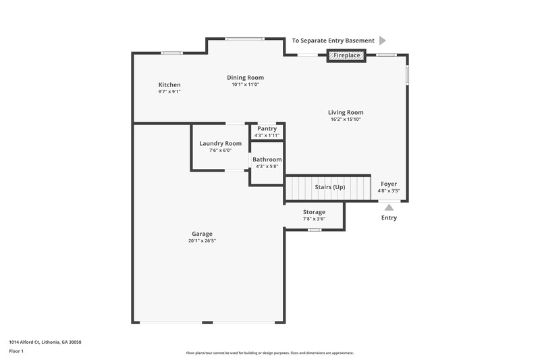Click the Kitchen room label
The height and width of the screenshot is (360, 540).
click(169, 84)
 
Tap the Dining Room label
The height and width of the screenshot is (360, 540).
click(245, 78)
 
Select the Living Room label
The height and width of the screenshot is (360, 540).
click(346, 113)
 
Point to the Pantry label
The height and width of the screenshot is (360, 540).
click(267, 128)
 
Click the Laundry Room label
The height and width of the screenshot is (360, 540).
click(220, 143)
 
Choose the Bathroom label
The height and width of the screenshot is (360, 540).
click(267, 159)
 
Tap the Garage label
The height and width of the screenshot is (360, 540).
click(202, 234)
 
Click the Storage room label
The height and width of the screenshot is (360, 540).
click(314, 212)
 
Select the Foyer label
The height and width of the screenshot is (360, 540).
click(389, 184)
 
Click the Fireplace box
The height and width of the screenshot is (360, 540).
click(347, 55)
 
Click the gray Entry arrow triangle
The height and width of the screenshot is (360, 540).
click(389, 207)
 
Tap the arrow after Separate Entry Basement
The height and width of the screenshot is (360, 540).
click(382, 41)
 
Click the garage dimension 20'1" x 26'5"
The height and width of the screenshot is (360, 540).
click(202, 240)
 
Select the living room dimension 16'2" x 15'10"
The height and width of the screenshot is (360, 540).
click(346, 120)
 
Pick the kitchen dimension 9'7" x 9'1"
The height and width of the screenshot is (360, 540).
click(169, 91)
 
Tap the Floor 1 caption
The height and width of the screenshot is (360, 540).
click(16, 351)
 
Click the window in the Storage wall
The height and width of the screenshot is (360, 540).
click(314, 230)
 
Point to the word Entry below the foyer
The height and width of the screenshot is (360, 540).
click(389, 217)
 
